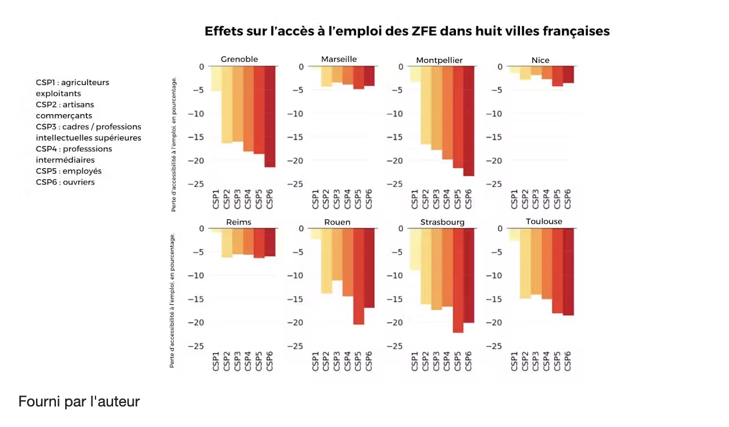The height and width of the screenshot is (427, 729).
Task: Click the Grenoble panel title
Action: [239, 59]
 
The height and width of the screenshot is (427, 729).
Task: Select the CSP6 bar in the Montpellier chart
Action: [468, 121]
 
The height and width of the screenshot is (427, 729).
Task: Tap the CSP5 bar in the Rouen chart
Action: [359, 276]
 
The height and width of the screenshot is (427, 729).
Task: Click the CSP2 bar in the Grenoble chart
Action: [227, 104]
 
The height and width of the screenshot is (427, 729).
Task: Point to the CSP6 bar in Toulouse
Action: [568, 272]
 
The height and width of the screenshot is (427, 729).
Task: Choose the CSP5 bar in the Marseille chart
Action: [359, 78]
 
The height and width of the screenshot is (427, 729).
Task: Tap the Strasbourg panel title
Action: [442, 222]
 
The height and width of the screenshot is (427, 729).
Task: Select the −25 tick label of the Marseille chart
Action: [295, 184]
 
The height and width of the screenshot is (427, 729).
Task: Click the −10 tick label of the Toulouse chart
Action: [494, 276]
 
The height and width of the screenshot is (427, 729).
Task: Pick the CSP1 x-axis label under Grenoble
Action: [216, 199]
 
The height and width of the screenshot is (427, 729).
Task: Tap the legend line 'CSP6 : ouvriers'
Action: [65, 182]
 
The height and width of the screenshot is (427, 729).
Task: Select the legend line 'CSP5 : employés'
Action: [69, 171]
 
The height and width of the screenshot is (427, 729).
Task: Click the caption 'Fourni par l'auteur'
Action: [79, 401]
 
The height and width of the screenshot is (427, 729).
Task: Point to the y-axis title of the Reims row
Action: [173, 300]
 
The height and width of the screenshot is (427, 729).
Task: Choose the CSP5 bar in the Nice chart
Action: [557, 76]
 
